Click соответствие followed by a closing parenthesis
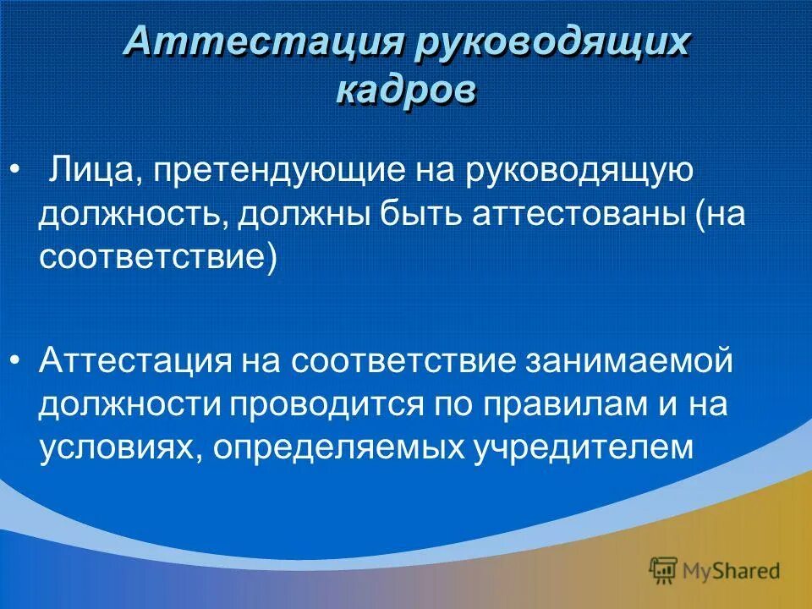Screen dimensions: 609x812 coord(157,257)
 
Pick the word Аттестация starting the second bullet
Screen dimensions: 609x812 coord(135,361)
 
